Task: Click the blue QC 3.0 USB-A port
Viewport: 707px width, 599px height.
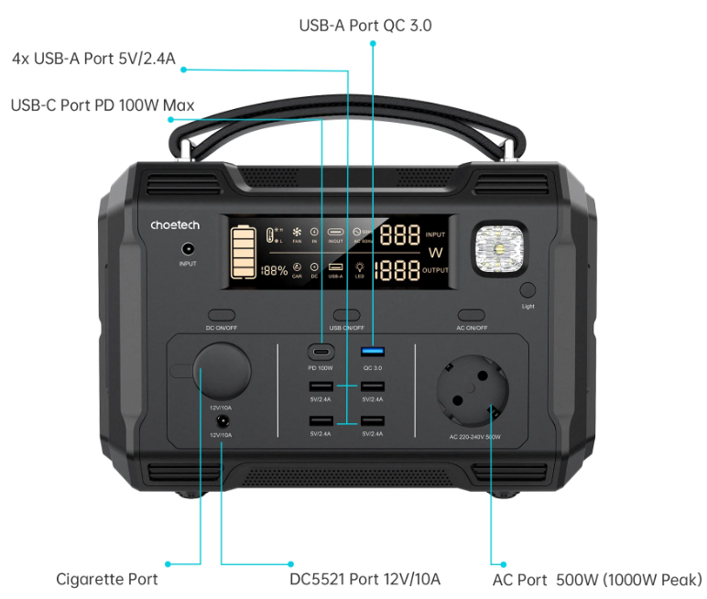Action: coord(373,352)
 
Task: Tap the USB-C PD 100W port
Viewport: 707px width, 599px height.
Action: coord(321,352)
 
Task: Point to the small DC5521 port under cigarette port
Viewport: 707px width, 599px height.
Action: coord(221,420)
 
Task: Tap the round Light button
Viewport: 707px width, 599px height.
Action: coord(528,291)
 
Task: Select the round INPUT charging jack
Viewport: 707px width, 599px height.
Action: coord(188,248)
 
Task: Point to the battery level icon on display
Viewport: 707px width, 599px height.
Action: coord(244,254)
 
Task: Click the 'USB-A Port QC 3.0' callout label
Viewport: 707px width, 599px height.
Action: coord(365,26)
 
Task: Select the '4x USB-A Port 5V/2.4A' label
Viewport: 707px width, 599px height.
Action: coord(94,59)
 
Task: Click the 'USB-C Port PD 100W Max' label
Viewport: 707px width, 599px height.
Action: coord(103,105)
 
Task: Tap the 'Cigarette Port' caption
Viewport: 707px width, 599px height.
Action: coord(107,579)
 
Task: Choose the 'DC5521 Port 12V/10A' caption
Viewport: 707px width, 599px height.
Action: coord(364,579)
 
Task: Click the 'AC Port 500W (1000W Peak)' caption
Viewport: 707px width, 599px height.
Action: coord(597,580)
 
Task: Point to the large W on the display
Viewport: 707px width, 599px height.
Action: coord(435,252)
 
